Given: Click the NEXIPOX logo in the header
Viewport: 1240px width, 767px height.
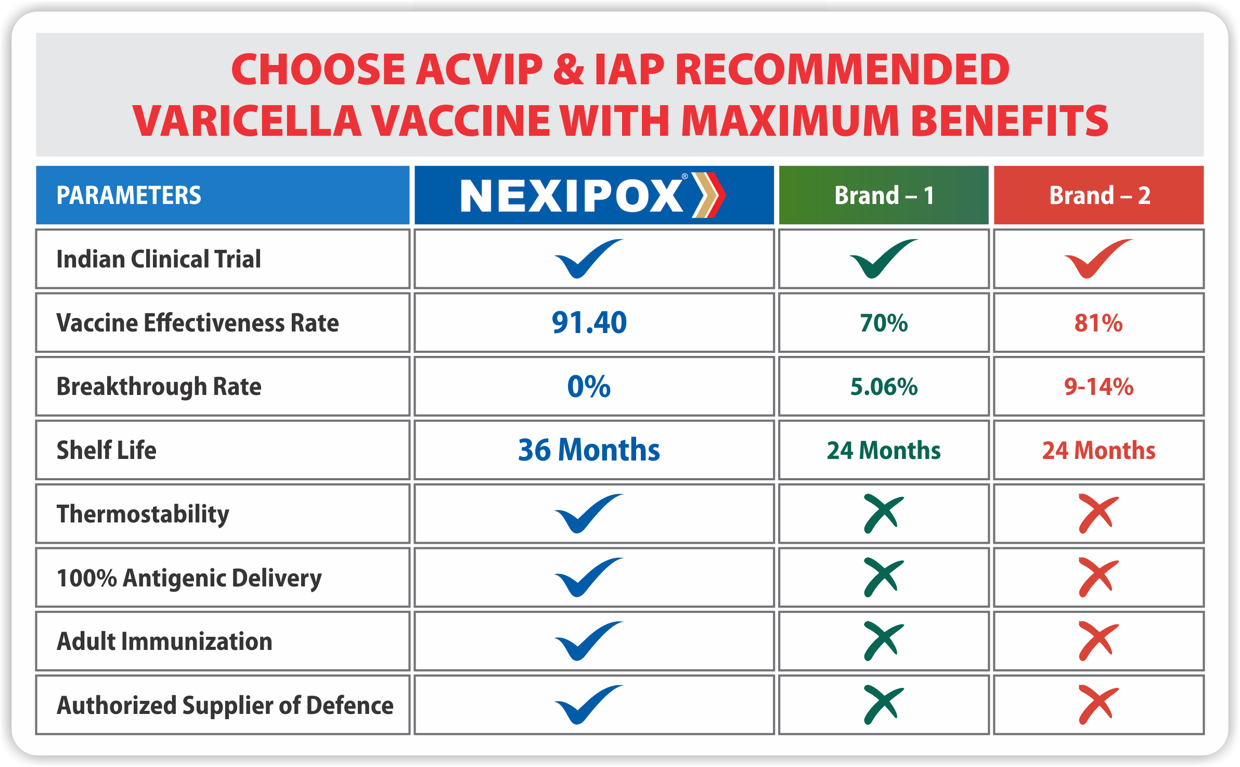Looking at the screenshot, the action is pos(593,195).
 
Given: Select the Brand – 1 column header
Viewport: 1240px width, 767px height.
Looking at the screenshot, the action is pos(884,196).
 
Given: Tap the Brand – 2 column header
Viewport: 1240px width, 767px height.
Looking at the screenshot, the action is pos(1099,196).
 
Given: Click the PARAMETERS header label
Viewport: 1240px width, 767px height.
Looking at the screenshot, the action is pos(128,196).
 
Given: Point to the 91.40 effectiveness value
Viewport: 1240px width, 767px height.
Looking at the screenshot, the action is pos(589,323).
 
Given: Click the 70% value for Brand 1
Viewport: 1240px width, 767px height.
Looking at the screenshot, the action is pos(884,323).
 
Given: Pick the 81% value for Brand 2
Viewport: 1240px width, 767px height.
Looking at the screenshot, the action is pos(1099,323).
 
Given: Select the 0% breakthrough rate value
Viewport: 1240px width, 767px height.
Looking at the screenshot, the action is pos(589,387).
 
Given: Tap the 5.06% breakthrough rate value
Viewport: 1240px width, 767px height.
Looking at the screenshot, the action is pos(884,387).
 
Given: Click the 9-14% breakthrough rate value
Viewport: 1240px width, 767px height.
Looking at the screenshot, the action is pos(1099,387).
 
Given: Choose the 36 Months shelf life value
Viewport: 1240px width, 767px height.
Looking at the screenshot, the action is pos(589,450).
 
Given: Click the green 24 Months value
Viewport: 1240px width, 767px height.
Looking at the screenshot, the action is pos(884,451).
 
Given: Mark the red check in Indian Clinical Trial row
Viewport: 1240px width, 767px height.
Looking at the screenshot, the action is pos(1098,259).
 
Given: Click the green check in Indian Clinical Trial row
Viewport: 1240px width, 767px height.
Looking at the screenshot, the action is pos(883,259).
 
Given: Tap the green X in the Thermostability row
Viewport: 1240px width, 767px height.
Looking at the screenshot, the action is pos(884,514).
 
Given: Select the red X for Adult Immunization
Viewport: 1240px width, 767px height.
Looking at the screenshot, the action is pos(1099,641).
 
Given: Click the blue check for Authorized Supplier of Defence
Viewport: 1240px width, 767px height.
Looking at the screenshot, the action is pos(588,705).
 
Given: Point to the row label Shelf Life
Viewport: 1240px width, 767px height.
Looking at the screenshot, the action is pos(106,450).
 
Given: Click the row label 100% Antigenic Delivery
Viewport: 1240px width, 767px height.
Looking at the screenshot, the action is pos(189,578).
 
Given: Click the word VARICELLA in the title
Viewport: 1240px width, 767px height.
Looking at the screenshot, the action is pos(247,121).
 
